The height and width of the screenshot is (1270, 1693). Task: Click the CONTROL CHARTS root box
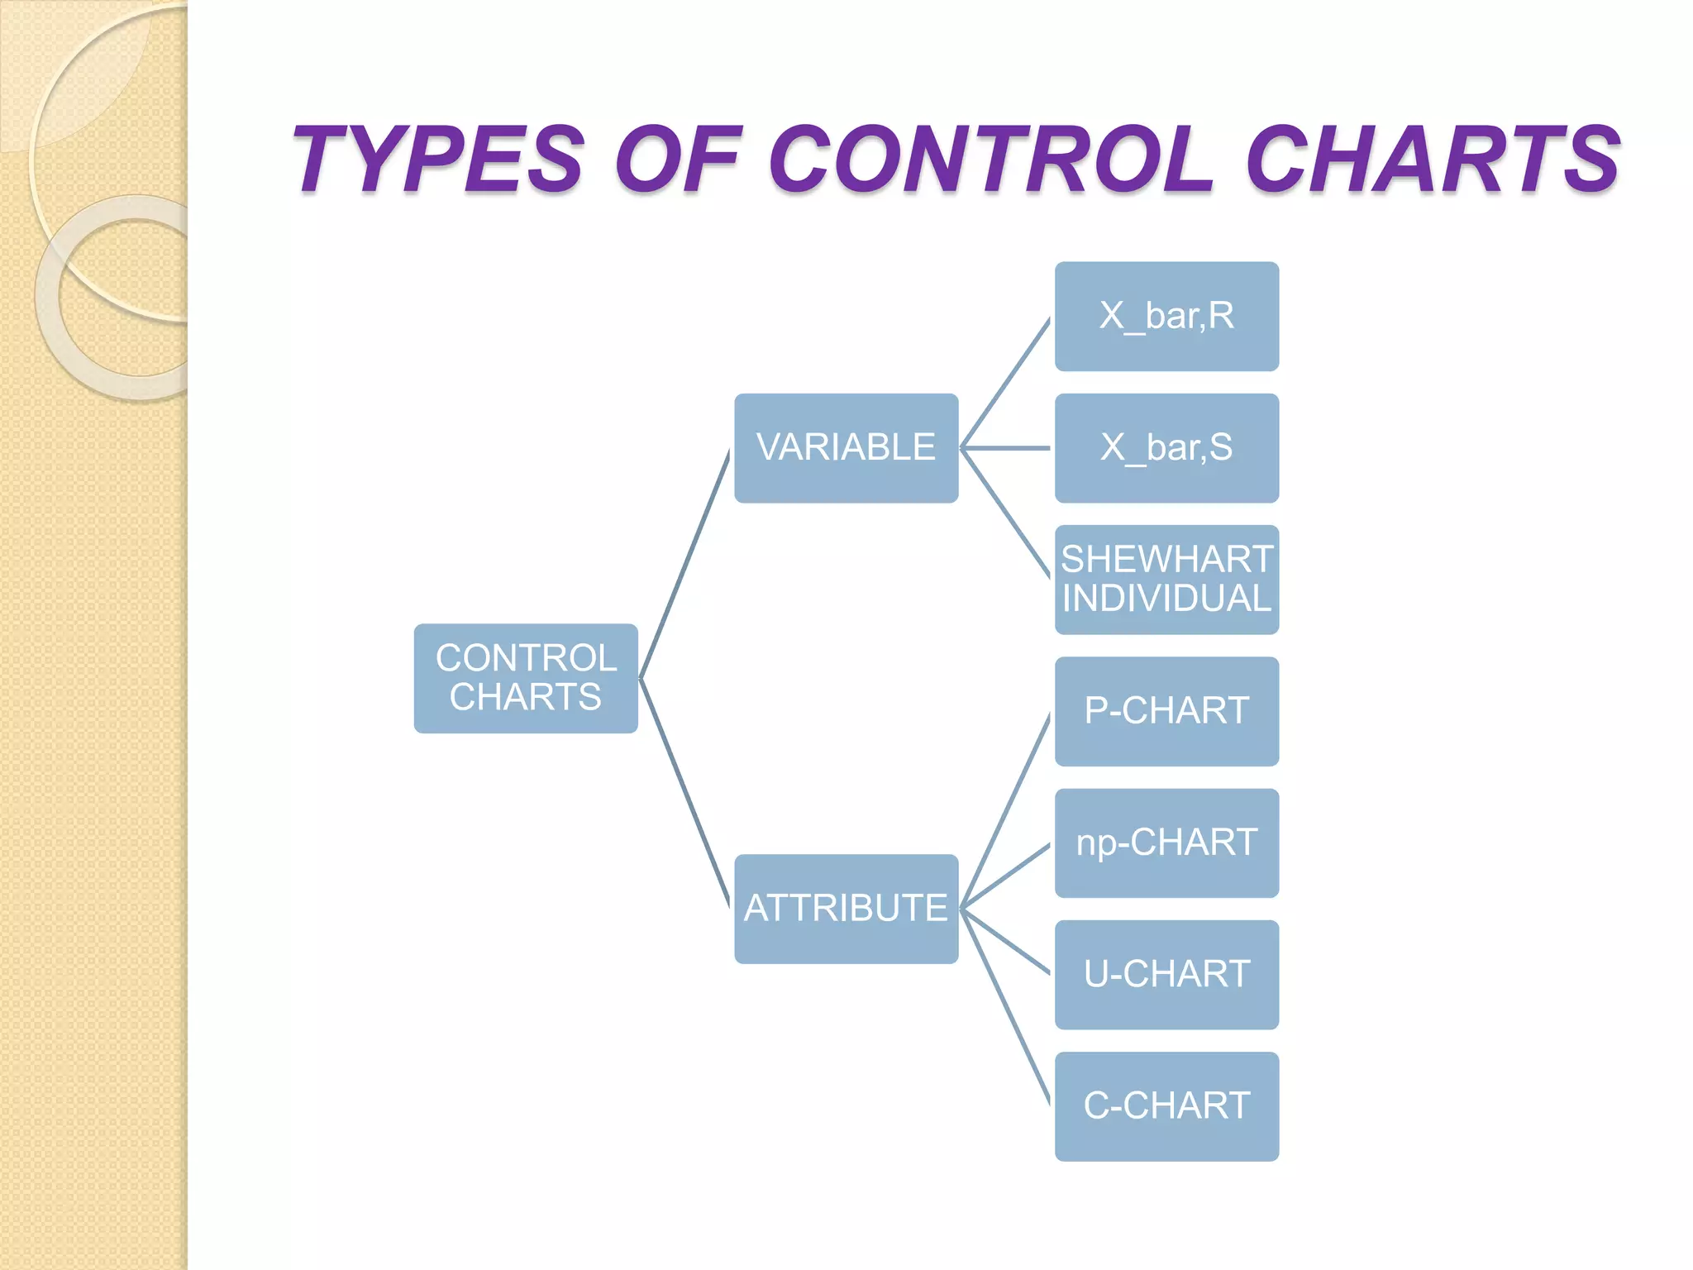pyautogui.click(x=526, y=678)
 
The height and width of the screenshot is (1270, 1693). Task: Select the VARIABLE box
pyautogui.click(x=846, y=448)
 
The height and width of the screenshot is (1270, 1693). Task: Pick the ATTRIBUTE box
pyautogui.click(x=846, y=909)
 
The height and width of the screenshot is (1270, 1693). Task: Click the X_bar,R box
pyautogui.click(x=1166, y=317)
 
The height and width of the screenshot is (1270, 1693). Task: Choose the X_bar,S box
pyautogui.click(x=1166, y=448)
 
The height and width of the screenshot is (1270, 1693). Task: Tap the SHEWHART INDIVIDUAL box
pyautogui.click(x=1166, y=580)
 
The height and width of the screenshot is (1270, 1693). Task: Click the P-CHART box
pyautogui.click(x=1166, y=711)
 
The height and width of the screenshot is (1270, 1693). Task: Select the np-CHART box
pyautogui.click(x=1166, y=843)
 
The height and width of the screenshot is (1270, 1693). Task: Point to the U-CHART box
pyautogui.click(x=1166, y=974)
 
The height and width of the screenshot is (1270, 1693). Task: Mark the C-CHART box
pyautogui.click(x=1166, y=1106)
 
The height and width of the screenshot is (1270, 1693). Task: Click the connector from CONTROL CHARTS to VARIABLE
pyautogui.click(x=684, y=565)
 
